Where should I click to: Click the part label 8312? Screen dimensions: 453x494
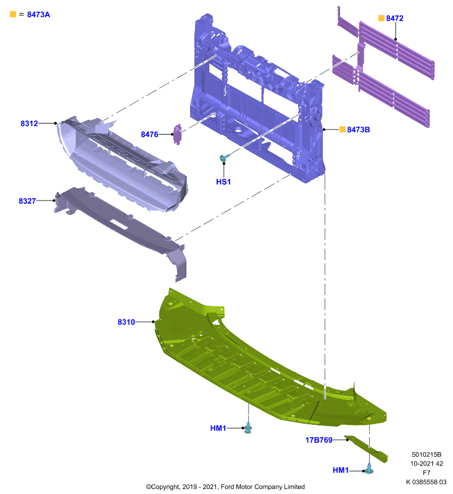pos(29,124)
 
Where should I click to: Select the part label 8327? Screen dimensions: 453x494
pos(27,201)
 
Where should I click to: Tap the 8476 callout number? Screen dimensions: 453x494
pos(149,135)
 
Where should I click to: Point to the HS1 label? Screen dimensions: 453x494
pos(223,182)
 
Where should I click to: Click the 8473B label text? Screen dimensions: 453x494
pos(358,130)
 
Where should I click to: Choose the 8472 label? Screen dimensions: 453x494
pos(394,19)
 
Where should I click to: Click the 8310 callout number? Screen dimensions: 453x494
pos(126,322)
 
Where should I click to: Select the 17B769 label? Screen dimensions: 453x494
pos(318,440)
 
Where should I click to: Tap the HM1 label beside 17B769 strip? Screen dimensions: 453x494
pos(341,471)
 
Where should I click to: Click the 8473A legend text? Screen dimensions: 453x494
pos(38,14)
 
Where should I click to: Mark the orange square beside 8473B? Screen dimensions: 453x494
pos(342,129)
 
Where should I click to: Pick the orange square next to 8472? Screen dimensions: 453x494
pos(381,18)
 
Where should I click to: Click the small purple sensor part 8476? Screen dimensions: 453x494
pos(178,134)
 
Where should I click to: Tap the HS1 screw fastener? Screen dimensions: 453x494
pos(225,157)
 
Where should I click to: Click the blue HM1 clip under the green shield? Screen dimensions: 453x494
pos(248,427)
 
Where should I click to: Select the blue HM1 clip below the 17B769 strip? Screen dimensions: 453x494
pos(369,469)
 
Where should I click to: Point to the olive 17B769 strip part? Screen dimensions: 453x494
pos(367,449)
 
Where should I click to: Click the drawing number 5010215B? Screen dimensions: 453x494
pos(426,454)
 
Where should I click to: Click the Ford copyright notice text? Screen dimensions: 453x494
pos(225,487)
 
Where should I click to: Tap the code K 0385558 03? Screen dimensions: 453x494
pos(426,482)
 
